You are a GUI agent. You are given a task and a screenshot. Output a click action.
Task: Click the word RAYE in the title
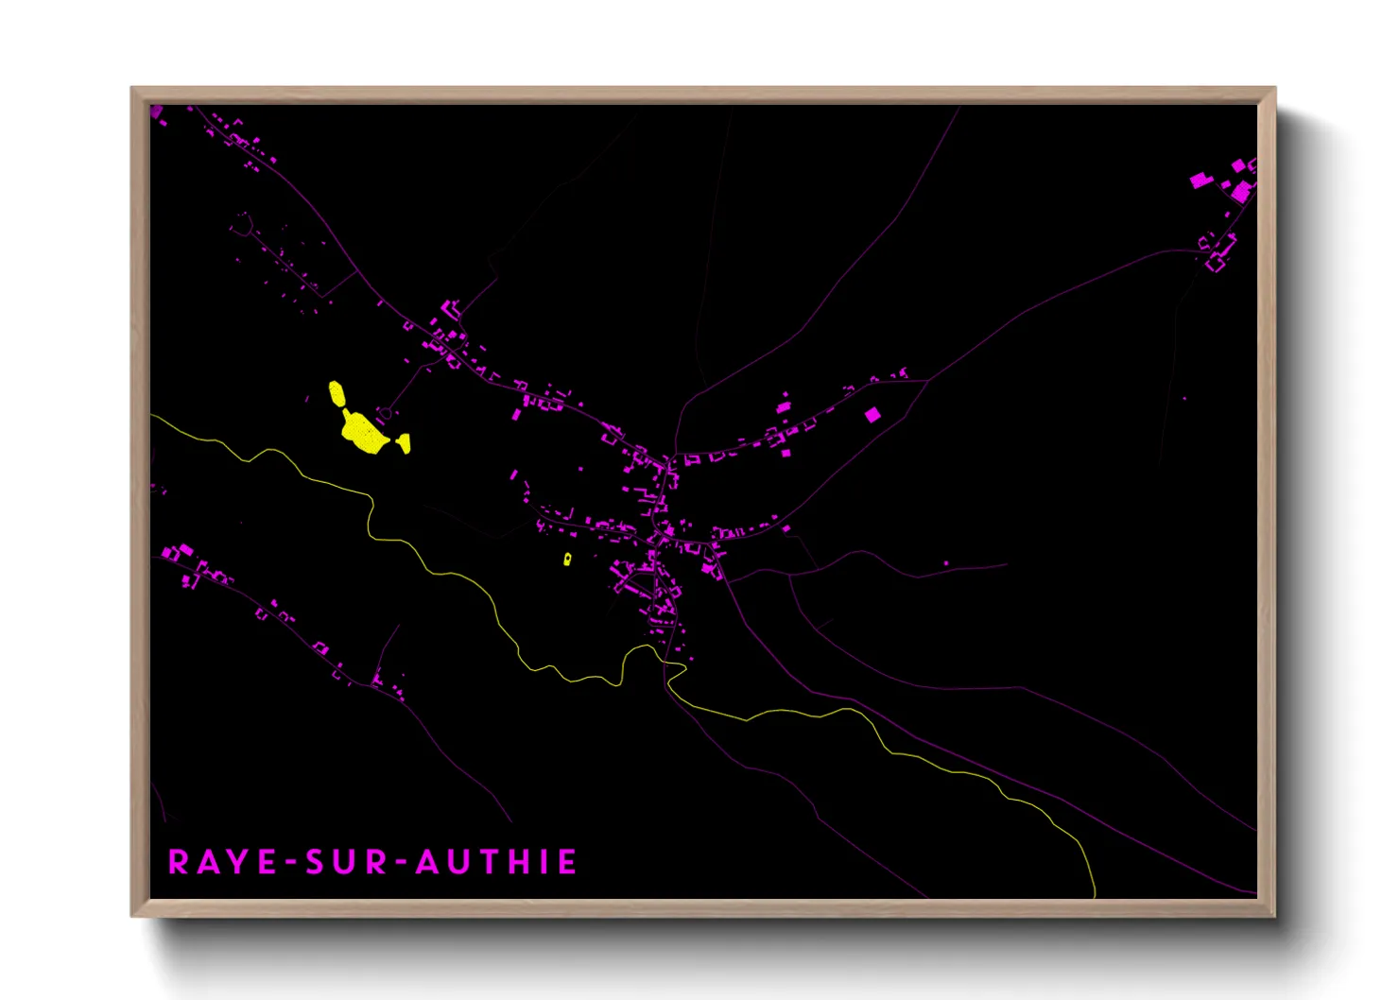pyautogui.click(x=222, y=862)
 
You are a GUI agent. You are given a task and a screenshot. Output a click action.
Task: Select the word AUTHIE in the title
pyautogui.click(x=496, y=862)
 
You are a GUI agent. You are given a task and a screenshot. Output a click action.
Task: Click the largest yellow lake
pyautogui.click(x=363, y=431)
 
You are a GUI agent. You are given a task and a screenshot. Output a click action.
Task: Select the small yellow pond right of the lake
pyautogui.click(x=404, y=442)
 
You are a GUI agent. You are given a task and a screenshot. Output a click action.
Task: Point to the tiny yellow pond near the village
pyautogui.click(x=567, y=559)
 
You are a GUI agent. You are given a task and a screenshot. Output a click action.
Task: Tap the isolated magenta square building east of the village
pyautogui.click(x=872, y=414)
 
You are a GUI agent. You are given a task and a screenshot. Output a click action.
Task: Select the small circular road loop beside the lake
pyautogui.click(x=385, y=413)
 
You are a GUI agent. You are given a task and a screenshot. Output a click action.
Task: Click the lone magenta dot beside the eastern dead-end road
pyautogui.click(x=946, y=563)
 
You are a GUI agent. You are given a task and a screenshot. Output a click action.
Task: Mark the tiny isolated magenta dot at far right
pyautogui.click(x=1184, y=399)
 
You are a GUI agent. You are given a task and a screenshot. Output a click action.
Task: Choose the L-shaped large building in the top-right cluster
pyautogui.click(x=1241, y=192)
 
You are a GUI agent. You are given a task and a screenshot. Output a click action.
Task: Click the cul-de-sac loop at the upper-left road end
pyautogui.click(x=244, y=224)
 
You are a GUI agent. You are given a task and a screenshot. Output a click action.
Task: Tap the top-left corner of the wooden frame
pyautogui.click(x=133, y=90)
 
